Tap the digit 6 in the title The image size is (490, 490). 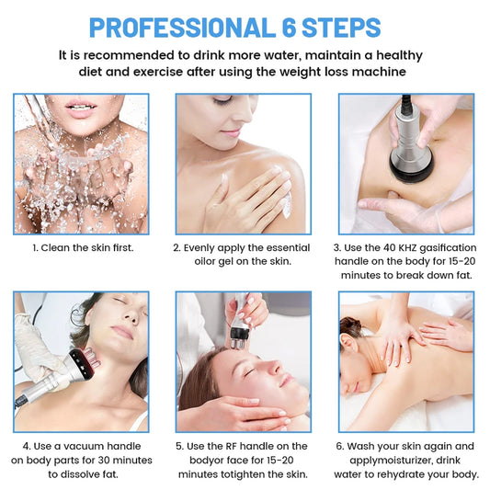coord(288,28)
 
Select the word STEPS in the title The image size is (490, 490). coord(341,28)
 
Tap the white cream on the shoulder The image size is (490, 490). coord(287,203)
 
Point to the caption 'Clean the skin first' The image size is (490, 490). coord(86,248)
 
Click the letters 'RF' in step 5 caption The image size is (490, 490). coord(232,446)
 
